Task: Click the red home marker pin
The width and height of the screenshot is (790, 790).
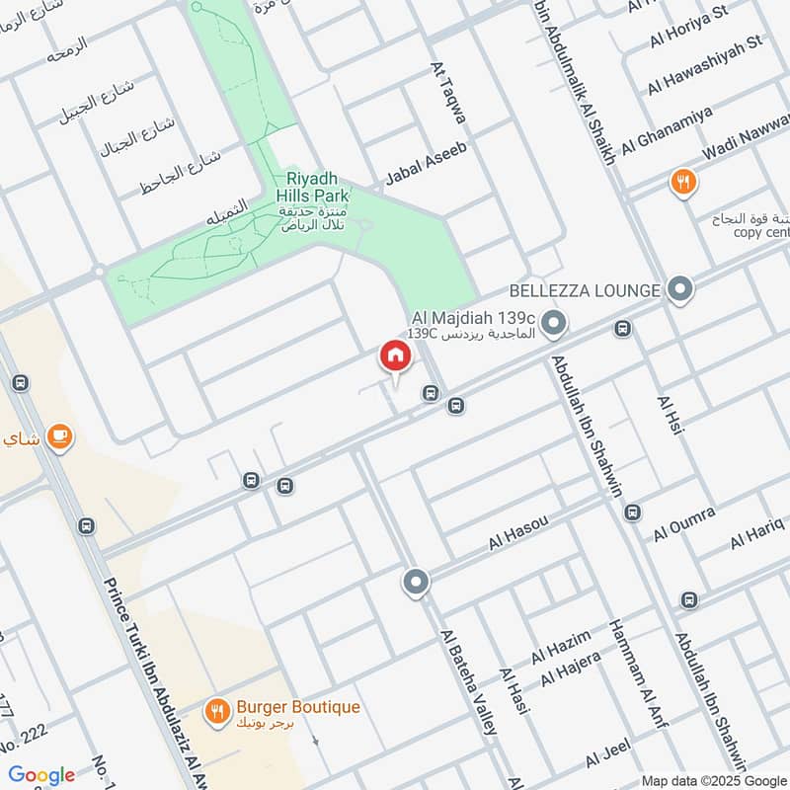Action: pos(394,355)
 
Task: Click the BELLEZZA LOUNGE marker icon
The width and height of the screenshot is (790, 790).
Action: pos(679,290)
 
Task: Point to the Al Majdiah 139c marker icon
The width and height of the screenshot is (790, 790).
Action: pos(555,323)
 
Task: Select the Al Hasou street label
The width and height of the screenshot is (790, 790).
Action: pos(517,532)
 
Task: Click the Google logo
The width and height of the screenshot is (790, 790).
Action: pos(41,775)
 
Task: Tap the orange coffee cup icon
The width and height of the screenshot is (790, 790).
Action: pos(59,435)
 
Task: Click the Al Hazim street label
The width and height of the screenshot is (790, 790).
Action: pos(561,647)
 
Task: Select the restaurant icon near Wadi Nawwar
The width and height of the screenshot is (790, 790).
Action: pos(683,182)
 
